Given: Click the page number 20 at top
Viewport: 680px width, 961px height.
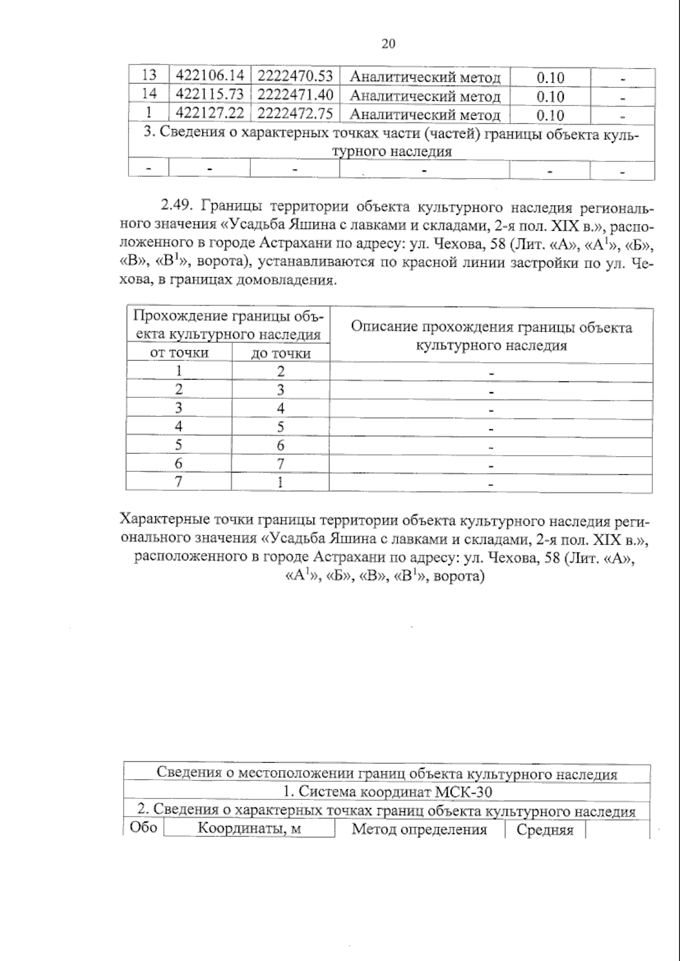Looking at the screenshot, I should tap(388, 44).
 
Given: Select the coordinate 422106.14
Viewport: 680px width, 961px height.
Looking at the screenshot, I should tap(210, 75).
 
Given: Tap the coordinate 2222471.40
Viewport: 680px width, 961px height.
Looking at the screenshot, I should tap(295, 94).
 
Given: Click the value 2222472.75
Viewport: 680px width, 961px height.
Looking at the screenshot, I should tap(295, 113).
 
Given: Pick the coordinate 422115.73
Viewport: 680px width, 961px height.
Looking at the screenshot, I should tap(210, 94).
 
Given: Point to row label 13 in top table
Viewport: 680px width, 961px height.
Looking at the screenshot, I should tap(149, 75).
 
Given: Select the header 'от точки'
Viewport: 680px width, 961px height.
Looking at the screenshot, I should tap(179, 353).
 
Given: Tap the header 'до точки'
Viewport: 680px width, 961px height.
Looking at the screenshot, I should tap(281, 354).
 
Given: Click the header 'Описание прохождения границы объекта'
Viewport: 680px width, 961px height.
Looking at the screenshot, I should tap(491, 328).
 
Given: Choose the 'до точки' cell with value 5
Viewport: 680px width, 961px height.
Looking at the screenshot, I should tap(280, 427).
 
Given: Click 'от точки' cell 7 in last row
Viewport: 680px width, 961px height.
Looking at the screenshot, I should tap(178, 482).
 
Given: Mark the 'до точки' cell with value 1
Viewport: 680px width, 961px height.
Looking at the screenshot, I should tap(280, 483).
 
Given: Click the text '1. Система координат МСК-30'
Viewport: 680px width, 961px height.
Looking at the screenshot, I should tap(388, 792).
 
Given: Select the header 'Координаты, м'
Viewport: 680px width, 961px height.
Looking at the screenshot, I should tap(249, 830).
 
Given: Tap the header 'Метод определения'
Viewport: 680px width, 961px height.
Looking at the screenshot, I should tap(419, 830).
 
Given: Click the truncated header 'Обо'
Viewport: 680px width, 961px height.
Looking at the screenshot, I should tap(143, 828).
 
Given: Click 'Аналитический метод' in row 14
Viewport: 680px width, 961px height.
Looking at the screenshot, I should tap(425, 96).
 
